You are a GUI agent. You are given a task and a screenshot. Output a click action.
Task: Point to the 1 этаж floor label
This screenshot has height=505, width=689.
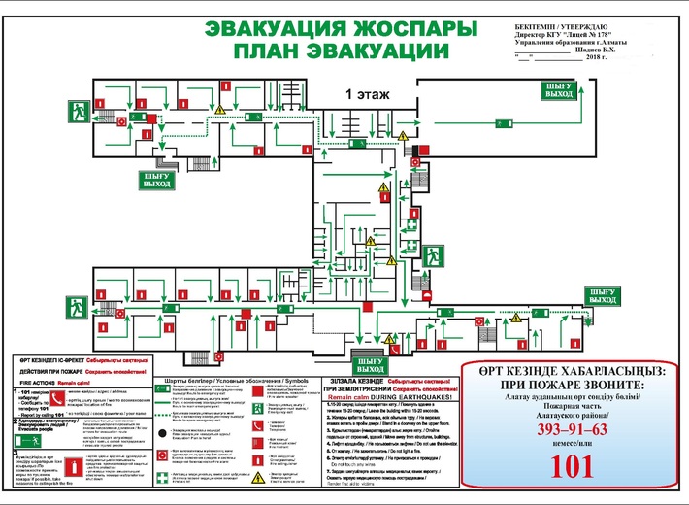click(369, 93)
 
